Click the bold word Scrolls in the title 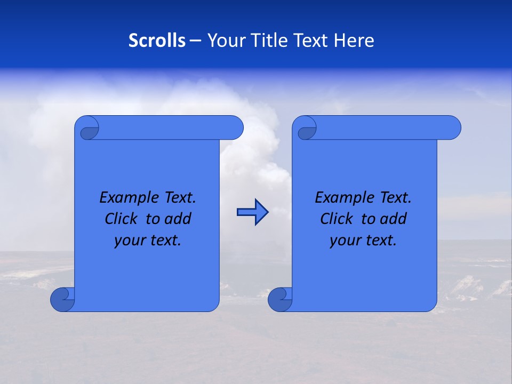[x=157, y=41]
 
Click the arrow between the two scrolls [x=252, y=212]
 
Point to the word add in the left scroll [x=178, y=219]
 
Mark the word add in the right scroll [x=393, y=219]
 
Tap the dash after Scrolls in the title [x=195, y=41]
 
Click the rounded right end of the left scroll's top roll [x=235, y=128]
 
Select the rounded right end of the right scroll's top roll [x=452, y=128]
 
